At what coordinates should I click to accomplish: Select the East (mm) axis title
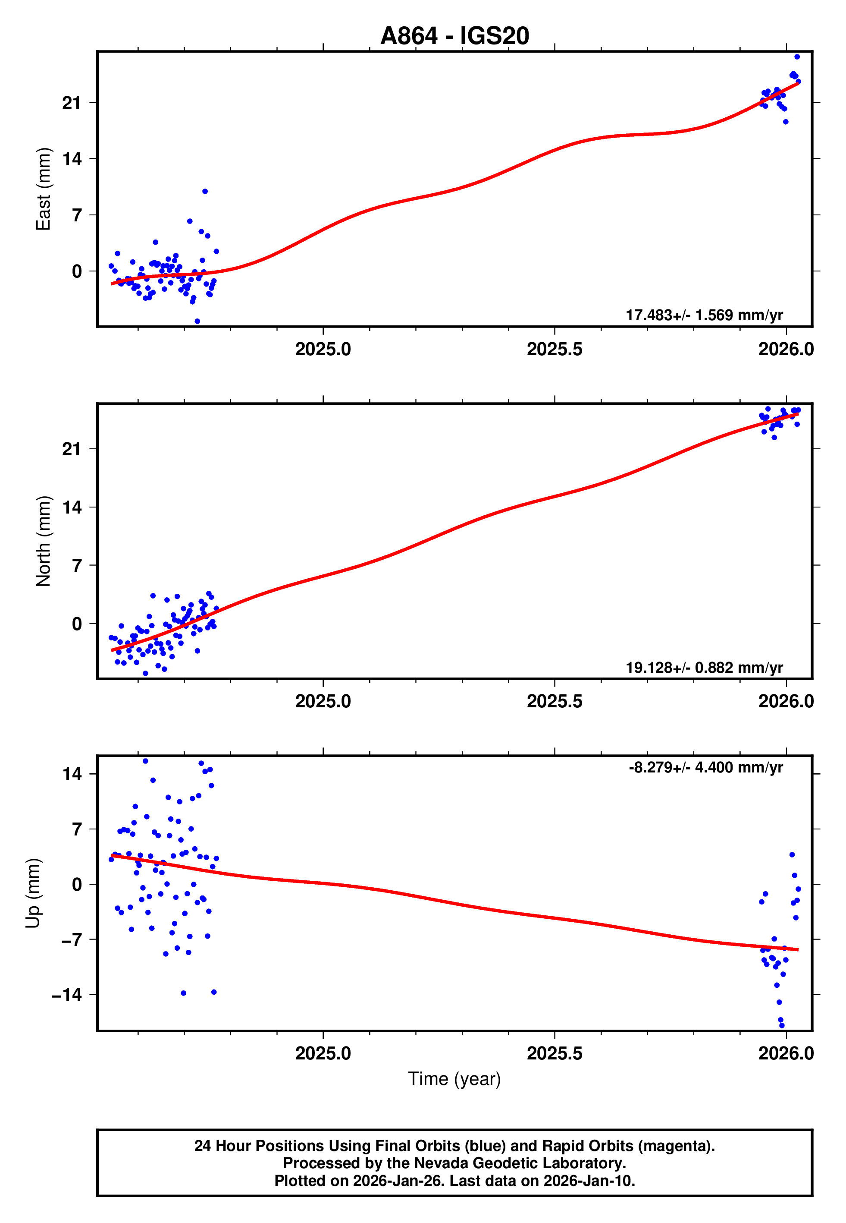point(44,189)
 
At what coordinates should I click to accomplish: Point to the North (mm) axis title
point(44,541)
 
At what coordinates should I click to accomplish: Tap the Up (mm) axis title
point(33,893)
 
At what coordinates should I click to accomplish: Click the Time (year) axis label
point(454,1079)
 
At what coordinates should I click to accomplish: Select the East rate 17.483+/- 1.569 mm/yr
point(704,315)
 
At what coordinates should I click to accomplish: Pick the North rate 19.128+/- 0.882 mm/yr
point(704,667)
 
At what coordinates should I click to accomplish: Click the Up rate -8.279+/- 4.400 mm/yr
point(705,767)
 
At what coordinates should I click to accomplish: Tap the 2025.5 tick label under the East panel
point(555,349)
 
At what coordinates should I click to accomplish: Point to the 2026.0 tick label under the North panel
point(786,701)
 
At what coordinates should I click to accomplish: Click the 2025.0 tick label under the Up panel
point(323,1053)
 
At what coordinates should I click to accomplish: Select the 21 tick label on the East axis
point(72,103)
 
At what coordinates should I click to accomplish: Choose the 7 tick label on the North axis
point(77,565)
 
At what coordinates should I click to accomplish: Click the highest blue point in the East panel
point(797,57)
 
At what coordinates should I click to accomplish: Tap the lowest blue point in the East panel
point(197,322)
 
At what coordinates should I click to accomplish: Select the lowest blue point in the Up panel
point(782,1025)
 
